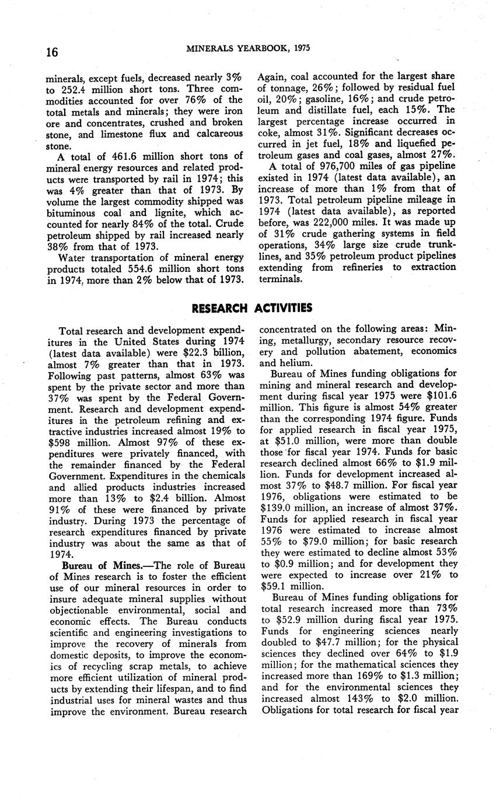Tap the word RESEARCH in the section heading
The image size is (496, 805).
coord(220,307)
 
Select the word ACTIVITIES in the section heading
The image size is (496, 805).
coord(284,307)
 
